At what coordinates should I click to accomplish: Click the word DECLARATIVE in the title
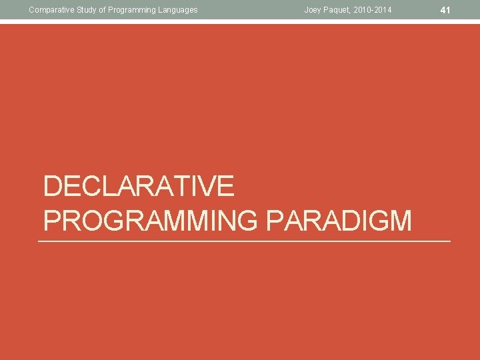139,186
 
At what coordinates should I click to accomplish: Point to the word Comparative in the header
51,10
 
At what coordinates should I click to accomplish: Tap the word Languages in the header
179,10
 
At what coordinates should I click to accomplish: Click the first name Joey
313,10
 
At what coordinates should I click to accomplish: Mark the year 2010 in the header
367,10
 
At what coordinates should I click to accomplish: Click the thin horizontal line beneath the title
244,241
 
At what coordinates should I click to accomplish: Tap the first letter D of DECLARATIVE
53,186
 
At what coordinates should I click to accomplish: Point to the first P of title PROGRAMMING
53,220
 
